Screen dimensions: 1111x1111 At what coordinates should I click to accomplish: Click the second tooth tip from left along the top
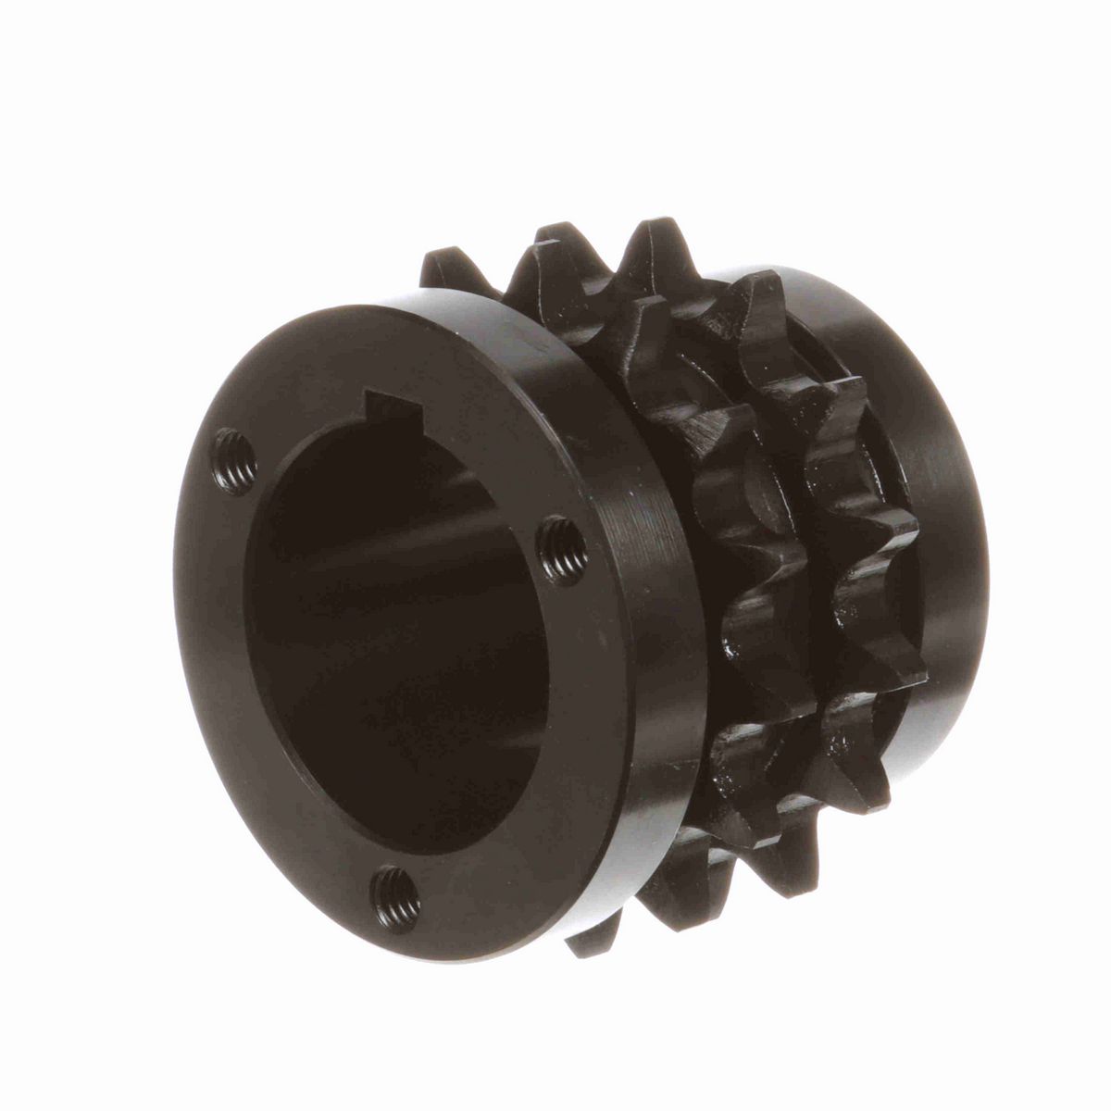(555, 231)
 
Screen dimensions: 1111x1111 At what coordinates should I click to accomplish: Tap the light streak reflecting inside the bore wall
(389, 546)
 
